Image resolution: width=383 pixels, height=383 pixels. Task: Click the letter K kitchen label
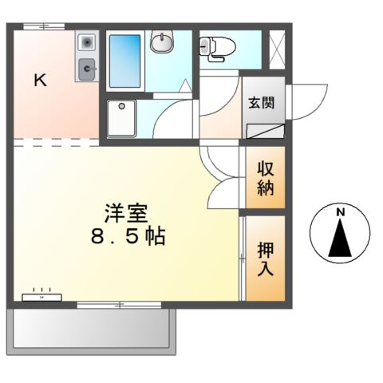41,80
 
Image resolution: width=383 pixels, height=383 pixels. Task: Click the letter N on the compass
340,212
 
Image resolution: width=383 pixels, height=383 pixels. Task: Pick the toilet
217,49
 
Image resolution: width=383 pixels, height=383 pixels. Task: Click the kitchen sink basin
86,70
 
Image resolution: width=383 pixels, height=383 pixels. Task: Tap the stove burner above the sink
86,41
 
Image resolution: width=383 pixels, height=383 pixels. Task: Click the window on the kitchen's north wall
43,26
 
